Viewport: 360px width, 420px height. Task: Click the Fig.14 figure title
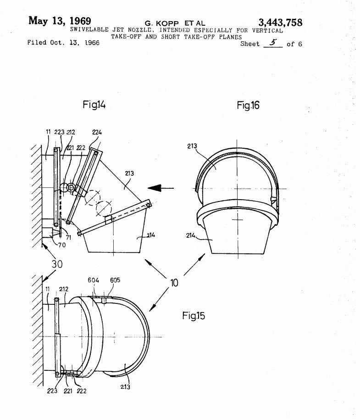94,105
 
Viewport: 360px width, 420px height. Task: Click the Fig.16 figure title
248,105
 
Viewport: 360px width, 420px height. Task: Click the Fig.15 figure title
194,315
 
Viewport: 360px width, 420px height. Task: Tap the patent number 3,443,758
280,22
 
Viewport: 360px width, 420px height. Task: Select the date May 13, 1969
60,21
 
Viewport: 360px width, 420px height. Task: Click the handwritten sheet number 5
273,43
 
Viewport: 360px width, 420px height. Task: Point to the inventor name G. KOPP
162,23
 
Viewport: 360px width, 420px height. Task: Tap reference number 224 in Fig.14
97,132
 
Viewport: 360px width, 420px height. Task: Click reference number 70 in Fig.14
62,245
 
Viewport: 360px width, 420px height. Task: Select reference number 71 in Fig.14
68,237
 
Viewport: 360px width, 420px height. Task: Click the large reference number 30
57,264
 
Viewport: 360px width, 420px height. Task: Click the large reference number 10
174,283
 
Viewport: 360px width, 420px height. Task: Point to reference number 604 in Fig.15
93,280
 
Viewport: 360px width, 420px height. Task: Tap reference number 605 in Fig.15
115,280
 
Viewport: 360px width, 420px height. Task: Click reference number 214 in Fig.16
191,235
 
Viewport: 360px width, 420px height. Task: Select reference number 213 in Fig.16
192,146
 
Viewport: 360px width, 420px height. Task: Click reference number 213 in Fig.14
129,174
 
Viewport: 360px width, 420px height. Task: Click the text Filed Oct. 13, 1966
63,43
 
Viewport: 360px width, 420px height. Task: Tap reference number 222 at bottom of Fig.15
82,391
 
